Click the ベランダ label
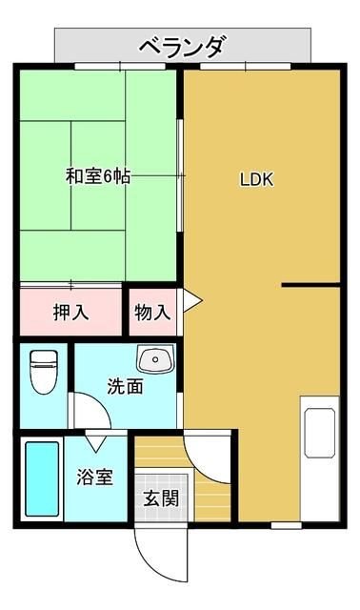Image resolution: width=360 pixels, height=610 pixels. [x=182, y=45]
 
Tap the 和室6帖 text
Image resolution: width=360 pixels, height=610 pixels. [x=96, y=177]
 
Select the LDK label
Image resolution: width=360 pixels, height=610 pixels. [x=257, y=179]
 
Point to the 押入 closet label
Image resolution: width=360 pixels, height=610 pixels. [x=71, y=312]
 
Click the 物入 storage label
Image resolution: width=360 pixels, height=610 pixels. [x=152, y=312]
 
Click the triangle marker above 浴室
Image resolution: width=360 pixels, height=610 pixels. [x=96, y=443]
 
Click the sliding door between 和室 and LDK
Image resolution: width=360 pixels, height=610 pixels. [x=181, y=176]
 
